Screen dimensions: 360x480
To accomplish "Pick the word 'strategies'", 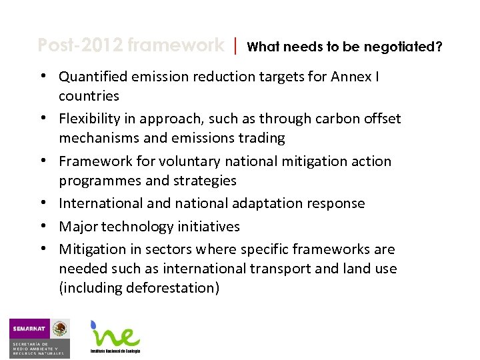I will (x=203, y=180).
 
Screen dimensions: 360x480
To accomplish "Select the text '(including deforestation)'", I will (x=139, y=288).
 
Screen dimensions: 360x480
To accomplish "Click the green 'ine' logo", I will (x=115, y=335).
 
